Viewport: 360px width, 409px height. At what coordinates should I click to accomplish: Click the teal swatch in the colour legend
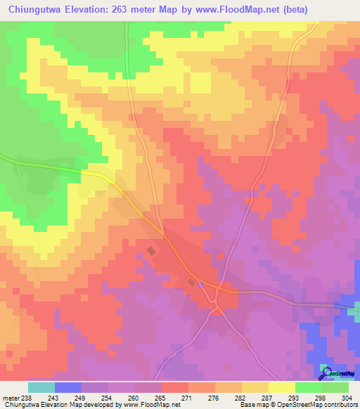pyautogui.click(x=41, y=387)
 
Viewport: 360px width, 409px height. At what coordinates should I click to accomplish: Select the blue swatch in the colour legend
pyautogui.click(x=68, y=387)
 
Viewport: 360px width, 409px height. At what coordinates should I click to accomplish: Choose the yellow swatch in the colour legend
pyautogui.click(x=282, y=387)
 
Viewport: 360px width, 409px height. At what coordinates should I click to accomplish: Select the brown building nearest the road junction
pyautogui.click(x=191, y=282)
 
